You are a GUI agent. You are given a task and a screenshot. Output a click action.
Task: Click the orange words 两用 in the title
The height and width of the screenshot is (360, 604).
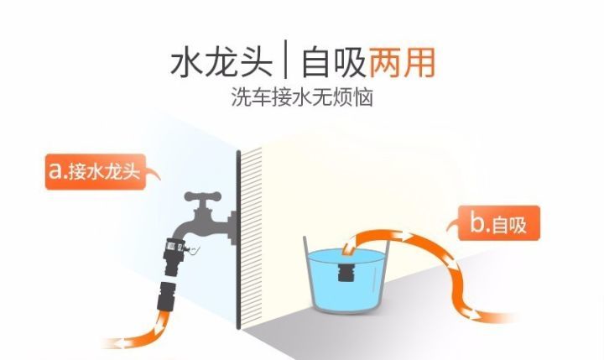point(402,63)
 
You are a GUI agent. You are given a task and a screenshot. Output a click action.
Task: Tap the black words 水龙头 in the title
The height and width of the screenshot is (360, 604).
point(221,63)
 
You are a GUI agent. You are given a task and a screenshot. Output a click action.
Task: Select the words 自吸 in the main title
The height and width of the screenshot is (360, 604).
point(333,63)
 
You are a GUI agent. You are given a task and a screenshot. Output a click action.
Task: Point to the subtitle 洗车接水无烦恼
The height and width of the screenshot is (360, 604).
point(302,97)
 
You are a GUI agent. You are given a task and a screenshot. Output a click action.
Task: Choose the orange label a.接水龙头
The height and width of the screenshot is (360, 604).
point(96,172)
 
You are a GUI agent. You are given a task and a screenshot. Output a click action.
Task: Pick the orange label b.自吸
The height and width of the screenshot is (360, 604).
point(499,223)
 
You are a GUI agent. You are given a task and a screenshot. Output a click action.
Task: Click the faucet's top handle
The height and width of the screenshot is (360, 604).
point(203,196)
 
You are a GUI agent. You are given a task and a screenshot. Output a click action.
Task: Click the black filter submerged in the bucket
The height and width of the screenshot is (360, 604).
point(346,272)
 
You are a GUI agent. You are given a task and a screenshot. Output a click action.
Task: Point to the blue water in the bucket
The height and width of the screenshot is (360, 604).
point(346,277)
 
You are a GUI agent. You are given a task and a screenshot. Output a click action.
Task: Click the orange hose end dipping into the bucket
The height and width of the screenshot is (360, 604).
point(350,247)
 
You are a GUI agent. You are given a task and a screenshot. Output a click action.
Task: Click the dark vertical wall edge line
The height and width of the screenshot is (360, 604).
point(238,239)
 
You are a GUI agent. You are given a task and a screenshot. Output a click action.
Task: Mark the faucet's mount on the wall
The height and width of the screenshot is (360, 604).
point(232,227)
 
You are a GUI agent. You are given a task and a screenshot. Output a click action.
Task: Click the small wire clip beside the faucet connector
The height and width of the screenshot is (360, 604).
point(194,251)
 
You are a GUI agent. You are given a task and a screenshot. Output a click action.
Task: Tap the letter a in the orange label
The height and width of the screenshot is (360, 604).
point(55,170)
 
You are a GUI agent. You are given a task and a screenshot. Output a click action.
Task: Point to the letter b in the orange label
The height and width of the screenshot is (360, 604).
point(476,222)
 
